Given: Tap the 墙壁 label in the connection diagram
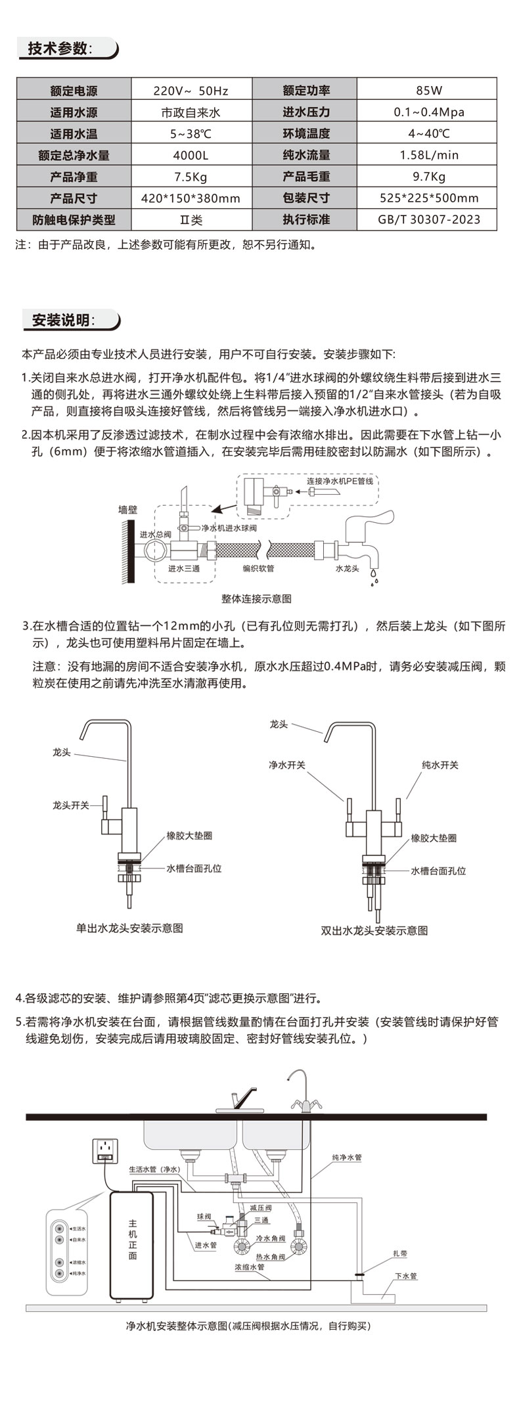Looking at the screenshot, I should [127, 509].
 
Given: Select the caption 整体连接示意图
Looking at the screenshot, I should [256, 598].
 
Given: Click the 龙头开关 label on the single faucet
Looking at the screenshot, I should [70, 805].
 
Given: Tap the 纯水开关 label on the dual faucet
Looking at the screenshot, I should [440, 765].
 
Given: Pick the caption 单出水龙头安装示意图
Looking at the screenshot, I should [129, 928].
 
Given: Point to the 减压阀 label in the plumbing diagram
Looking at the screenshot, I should [261, 1207].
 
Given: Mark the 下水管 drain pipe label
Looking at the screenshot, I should [405, 1276].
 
